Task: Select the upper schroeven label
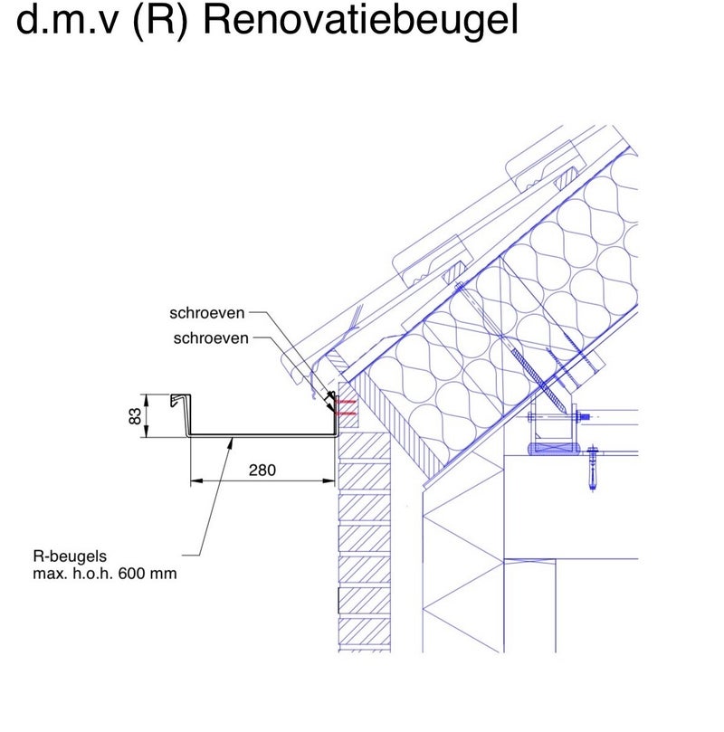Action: (x=207, y=314)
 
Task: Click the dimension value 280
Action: (x=261, y=470)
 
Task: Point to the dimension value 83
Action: (x=134, y=416)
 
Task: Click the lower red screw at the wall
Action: (x=345, y=414)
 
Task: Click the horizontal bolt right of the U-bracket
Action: (x=592, y=418)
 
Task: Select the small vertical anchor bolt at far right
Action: (x=594, y=466)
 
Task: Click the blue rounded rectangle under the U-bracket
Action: (x=553, y=446)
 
